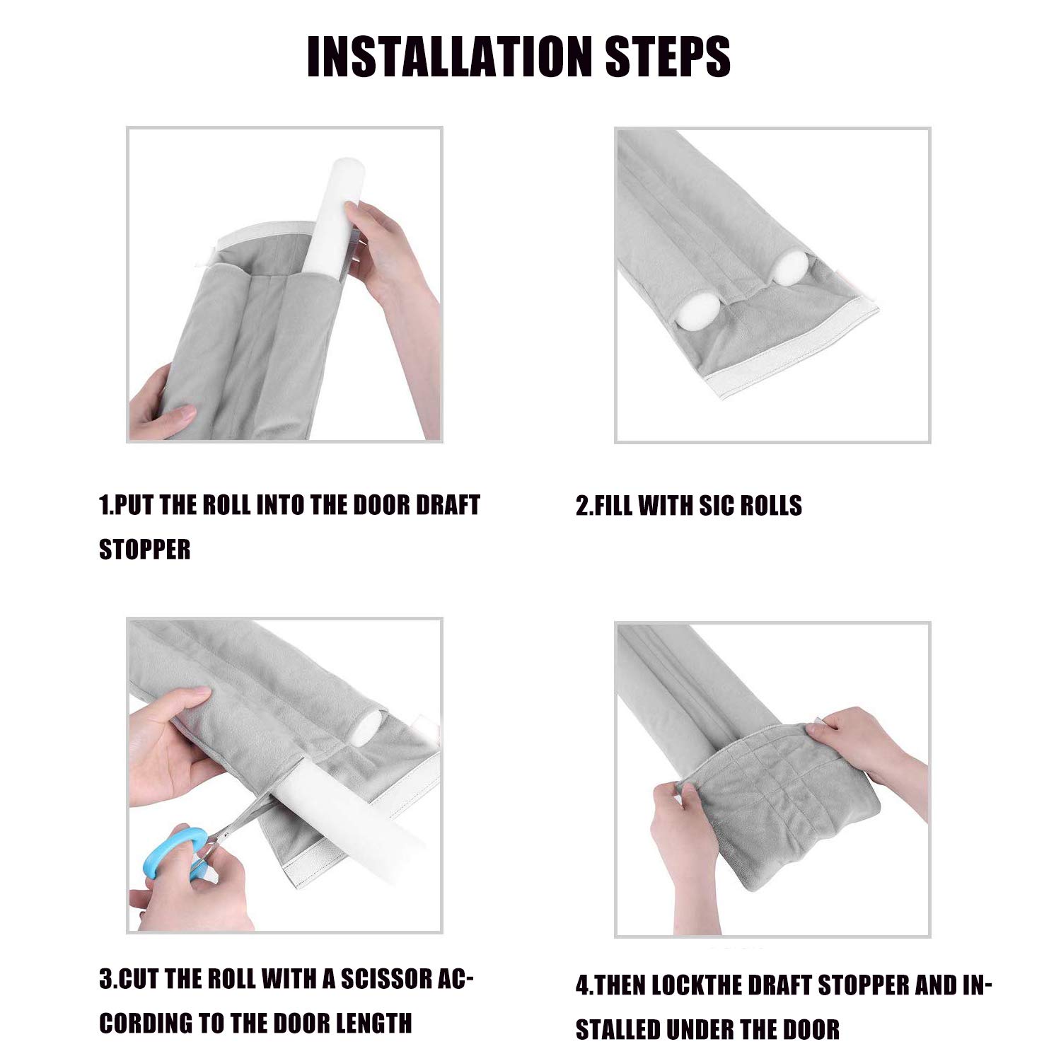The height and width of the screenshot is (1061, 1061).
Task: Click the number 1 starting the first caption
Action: [x=103, y=506]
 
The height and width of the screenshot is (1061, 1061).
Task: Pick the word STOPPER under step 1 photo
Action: [x=145, y=550]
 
